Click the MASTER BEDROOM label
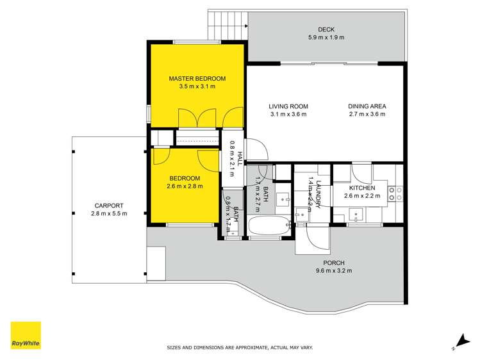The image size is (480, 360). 197,78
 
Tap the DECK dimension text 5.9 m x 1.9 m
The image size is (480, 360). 326,37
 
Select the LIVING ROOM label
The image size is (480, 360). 288,106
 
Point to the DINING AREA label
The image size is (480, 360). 367,106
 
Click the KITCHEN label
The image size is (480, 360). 361,188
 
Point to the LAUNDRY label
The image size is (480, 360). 319,193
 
